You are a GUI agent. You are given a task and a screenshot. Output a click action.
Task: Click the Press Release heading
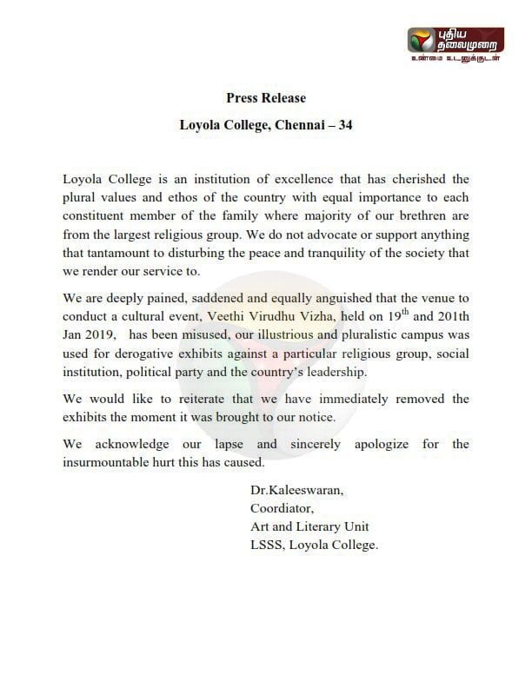tap(265, 98)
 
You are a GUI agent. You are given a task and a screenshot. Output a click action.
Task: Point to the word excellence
tap(268, 179)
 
